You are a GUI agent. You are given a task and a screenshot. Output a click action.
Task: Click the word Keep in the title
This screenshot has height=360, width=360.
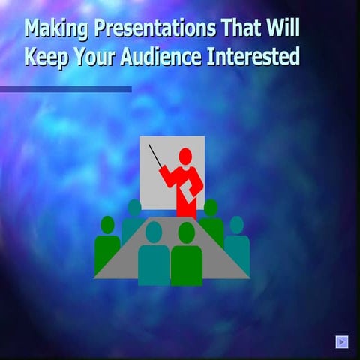click(47, 57)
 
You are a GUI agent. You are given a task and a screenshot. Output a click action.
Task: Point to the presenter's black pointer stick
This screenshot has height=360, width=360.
click(157, 157)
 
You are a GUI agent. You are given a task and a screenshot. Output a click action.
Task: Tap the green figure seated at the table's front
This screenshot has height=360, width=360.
click(186, 259)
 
